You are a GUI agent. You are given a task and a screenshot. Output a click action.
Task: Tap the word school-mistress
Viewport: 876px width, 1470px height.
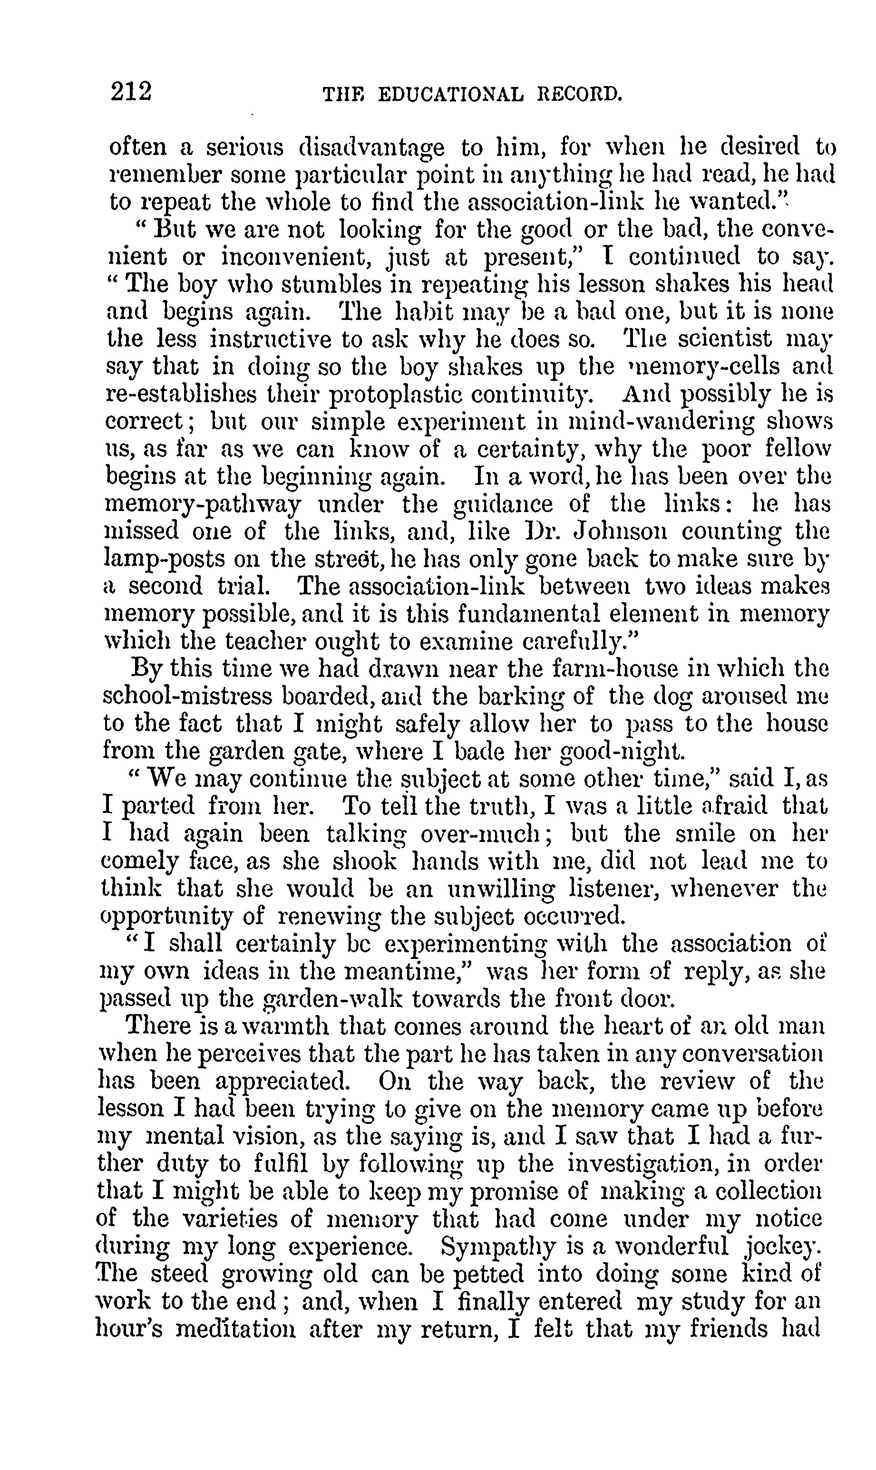[188, 696]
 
